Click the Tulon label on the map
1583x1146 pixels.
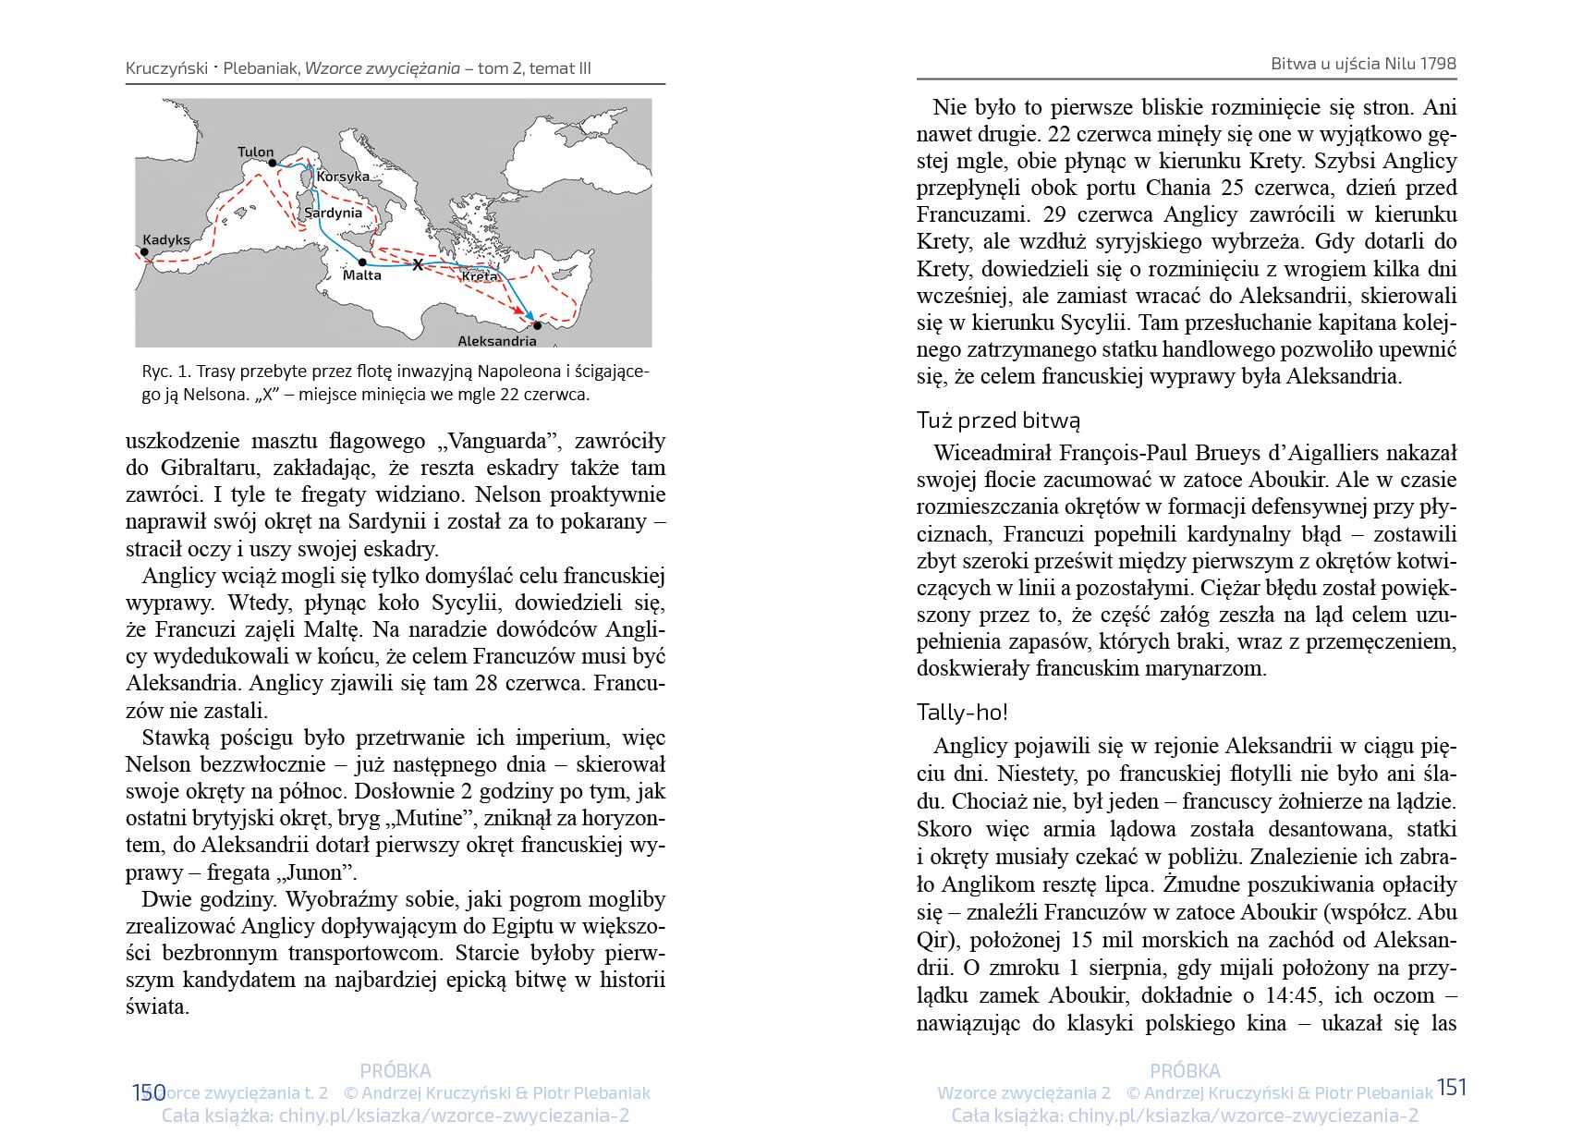[255, 152]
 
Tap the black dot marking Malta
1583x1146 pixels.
[362, 262]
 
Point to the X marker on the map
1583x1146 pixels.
[418, 265]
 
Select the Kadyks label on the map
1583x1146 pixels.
[166, 239]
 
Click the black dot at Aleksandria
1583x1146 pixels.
[538, 325]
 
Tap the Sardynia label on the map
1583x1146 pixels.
[333, 213]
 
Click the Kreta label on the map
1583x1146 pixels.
[480, 276]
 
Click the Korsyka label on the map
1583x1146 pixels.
[343, 177]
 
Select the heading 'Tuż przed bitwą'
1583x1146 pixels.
[998, 421]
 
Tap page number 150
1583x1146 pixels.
[148, 1093]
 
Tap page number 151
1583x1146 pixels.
[1452, 1088]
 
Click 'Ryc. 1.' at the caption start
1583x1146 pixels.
[166, 372]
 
